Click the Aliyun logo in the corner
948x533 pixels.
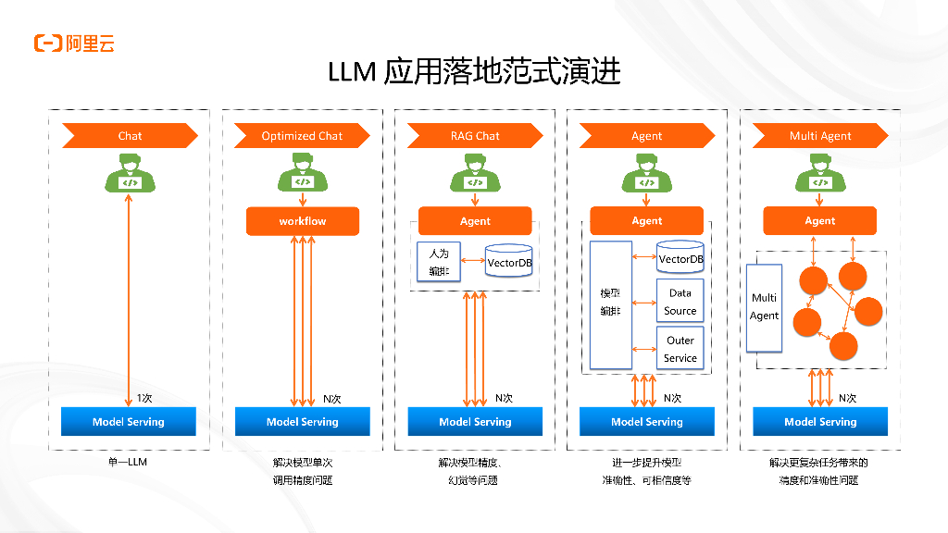pyautogui.click(x=74, y=43)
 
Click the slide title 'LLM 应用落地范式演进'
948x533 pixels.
pyautogui.click(x=473, y=72)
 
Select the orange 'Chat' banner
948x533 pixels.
pyautogui.click(x=130, y=136)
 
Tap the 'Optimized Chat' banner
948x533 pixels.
pyautogui.click(x=302, y=136)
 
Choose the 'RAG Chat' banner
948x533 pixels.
pyautogui.click(x=475, y=136)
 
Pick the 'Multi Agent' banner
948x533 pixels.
pyautogui.click(x=820, y=136)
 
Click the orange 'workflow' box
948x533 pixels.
pyautogui.click(x=303, y=221)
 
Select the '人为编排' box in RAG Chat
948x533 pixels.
pyautogui.click(x=439, y=262)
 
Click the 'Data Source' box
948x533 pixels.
pyautogui.click(x=680, y=302)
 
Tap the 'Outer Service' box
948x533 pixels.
pyautogui.click(x=680, y=349)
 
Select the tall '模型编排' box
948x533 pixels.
pyautogui.click(x=610, y=304)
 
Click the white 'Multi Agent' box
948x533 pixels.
pyautogui.click(x=764, y=307)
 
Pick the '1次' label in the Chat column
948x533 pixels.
pyautogui.click(x=144, y=398)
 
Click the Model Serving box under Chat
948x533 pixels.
pyautogui.click(x=129, y=422)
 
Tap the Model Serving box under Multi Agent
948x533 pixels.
pyautogui.click(x=820, y=422)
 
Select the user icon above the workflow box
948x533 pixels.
pyautogui.click(x=303, y=174)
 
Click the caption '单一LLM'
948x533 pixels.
pyautogui.click(x=128, y=462)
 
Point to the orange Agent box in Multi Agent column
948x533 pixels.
pyautogui.click(x=820, y=221)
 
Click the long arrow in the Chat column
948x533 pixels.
pyautogui.click(x=129, y=296)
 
